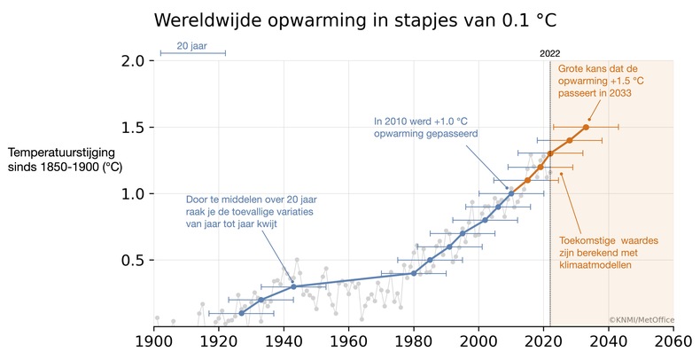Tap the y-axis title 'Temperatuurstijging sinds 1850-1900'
64,159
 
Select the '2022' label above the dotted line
550,53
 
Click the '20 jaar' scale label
192,45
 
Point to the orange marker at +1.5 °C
586,127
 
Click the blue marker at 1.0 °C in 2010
511,193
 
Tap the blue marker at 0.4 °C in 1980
414,273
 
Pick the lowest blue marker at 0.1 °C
241,313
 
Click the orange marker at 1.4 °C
570,140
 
